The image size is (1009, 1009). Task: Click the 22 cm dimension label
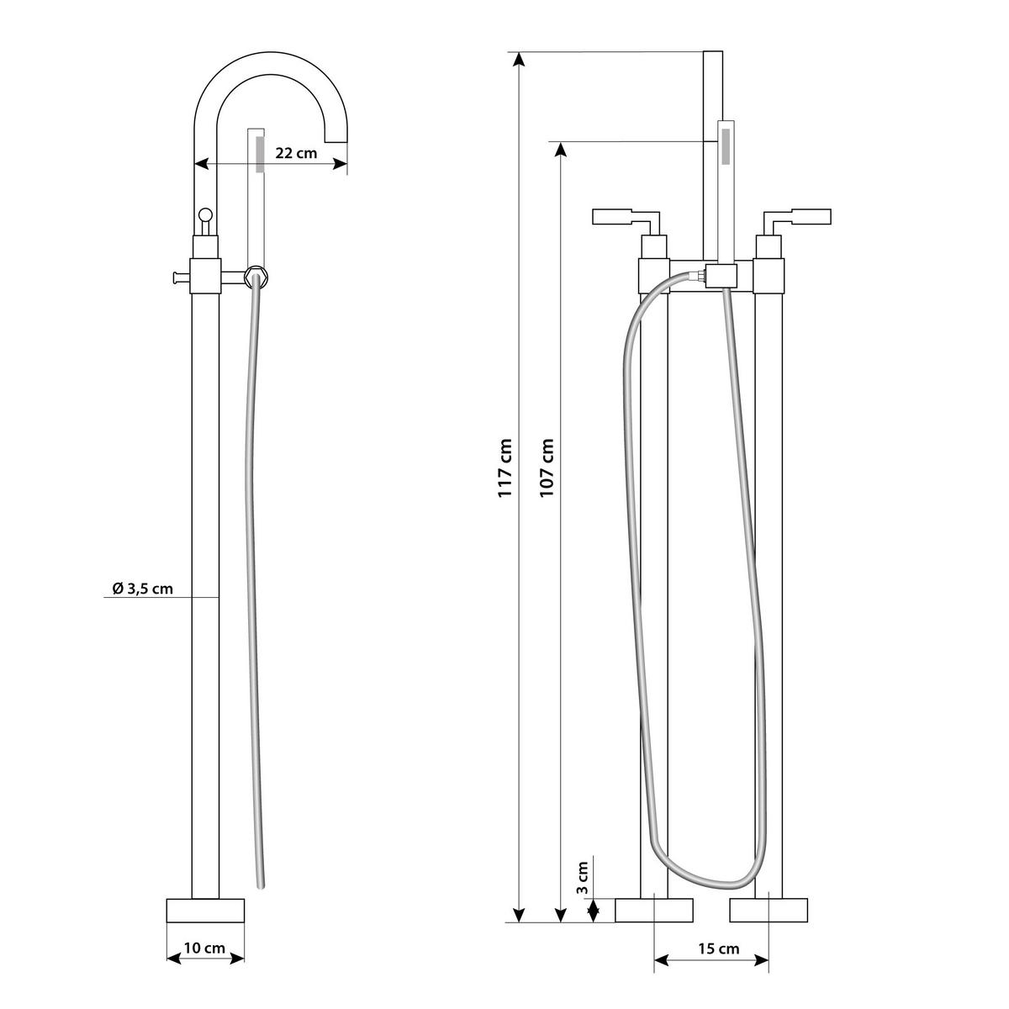pos(295,153)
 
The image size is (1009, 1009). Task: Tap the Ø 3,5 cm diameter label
pos(142,588)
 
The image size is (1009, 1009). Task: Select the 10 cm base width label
pos(204,948)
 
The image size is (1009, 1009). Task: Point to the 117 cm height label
pos(505,468)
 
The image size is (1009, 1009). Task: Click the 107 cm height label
pos(547,468)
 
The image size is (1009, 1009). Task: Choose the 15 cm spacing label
pos(717,948)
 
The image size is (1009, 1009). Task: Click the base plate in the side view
pos(205,911)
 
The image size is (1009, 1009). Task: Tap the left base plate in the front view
pos(654,911)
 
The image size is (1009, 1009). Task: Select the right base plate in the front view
pos(769,911)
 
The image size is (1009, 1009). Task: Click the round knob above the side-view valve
pos(206,215)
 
